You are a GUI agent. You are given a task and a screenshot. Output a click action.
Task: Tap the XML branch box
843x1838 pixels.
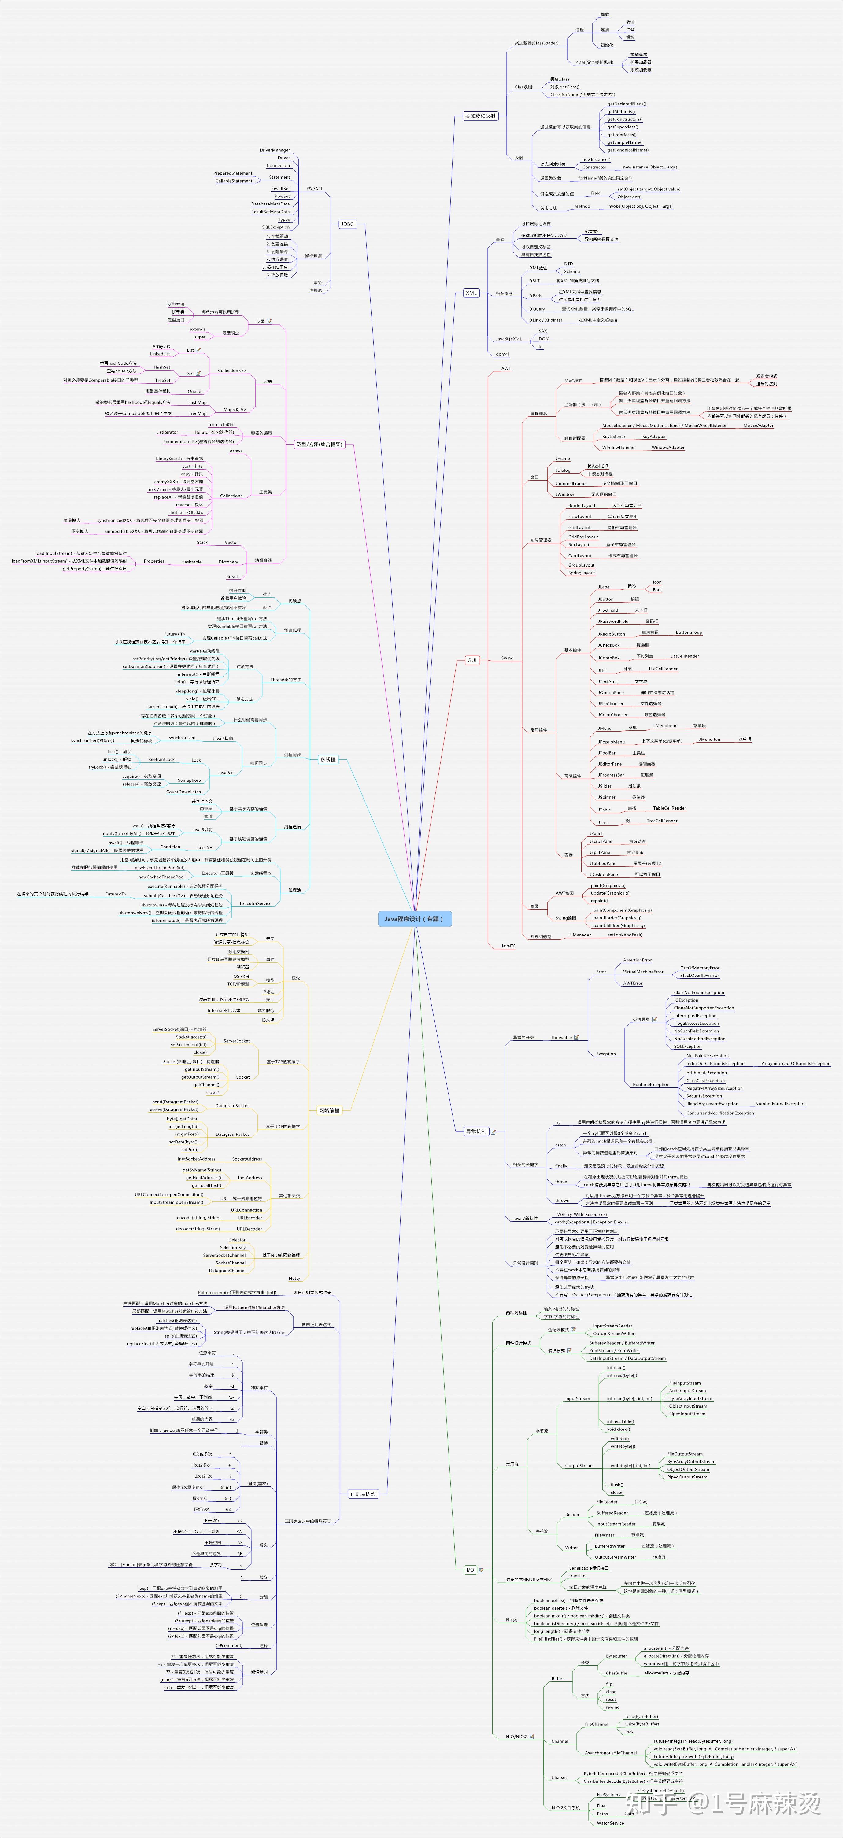point(471,293)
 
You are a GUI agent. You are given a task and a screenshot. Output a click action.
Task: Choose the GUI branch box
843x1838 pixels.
point(472,660)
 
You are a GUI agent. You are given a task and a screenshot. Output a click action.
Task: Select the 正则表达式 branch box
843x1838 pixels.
point(363,1493)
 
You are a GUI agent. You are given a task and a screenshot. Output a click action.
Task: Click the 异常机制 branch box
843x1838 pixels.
point(476,1131)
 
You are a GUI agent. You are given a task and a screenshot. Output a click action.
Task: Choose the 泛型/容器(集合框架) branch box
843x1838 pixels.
point(319,444)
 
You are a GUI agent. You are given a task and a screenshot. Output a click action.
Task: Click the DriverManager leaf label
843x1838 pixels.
point(275,150)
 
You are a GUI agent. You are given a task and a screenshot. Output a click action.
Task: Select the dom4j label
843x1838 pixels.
point(502,354)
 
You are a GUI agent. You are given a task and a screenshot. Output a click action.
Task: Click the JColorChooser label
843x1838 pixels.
point(613,714)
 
